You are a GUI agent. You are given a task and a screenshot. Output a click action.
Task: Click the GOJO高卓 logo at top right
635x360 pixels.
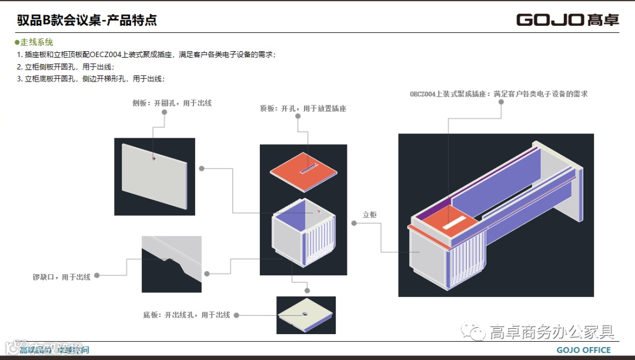pyautogui.click(x=567, y=19)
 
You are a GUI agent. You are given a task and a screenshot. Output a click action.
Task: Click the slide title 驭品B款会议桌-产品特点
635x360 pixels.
pyautogui.click(x=87, y=21)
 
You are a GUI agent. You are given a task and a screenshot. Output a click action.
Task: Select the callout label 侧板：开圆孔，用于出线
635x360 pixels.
pyautogui.click(x=172, y=103)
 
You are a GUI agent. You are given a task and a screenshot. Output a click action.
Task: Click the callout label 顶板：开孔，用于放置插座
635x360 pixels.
pyautogui.click(x=303, y=108)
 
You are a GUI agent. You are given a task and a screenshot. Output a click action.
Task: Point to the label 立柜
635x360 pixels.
pyautogui.click(x=370, y=215)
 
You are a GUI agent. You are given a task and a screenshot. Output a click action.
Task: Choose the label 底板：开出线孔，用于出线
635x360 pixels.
pyautogui.click(x=186, y=315)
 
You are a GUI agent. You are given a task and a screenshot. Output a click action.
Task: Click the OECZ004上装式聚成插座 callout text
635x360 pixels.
pyautogui.click(x=499, y=94)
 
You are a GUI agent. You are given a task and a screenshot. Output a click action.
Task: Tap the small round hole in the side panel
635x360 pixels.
pyautogui.click(x=153, y=158)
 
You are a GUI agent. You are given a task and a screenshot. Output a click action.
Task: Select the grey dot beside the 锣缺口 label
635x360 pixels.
pyautogui.click(x=96, y=275)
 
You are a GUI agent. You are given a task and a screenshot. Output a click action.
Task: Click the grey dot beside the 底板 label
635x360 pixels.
pyautogui.click(x=236, y=315)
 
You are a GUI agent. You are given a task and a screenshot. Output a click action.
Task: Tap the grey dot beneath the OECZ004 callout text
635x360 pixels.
pyautogui.click(x=502, y=101)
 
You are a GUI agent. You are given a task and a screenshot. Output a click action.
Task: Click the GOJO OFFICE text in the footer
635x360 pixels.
pyautogui.click(x=584, y=351)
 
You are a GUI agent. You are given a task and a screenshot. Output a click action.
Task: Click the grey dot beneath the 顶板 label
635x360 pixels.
pyautogui.click(x=299, y=116)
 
